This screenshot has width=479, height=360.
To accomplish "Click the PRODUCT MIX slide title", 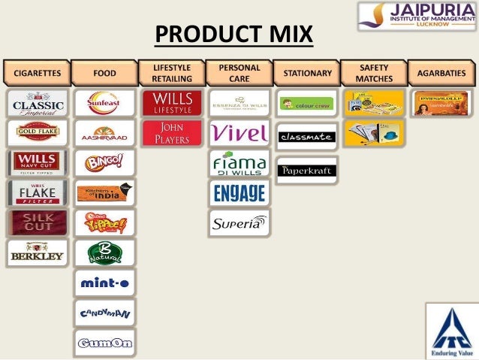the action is tap(233, 35).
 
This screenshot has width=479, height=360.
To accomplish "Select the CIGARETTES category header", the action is tap(36, 74).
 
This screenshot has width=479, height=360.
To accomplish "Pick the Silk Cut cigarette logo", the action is tap(37, 222).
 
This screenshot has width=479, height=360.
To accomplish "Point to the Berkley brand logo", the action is tap(37, 253).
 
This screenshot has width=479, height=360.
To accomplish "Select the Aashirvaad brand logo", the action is tap(104, 133).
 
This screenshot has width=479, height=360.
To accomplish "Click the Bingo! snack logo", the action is tap(104, 162).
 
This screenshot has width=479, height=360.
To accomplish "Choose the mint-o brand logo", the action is tap(104, 283).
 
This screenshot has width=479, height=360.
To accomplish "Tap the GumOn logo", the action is tap(104, 342).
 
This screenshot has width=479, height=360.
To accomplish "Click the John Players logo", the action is tap(172, 133).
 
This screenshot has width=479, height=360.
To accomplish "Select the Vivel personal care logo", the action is tap(239, 133).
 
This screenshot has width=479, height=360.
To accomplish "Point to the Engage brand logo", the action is tap(239, 192).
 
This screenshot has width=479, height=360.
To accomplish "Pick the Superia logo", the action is tap(239, 222).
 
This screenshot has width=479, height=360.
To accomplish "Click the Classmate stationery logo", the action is tap(306, 136).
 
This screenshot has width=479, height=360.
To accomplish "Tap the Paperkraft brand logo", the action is tap(306, 170).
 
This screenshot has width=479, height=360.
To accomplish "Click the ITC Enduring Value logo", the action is tap(450, 329).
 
